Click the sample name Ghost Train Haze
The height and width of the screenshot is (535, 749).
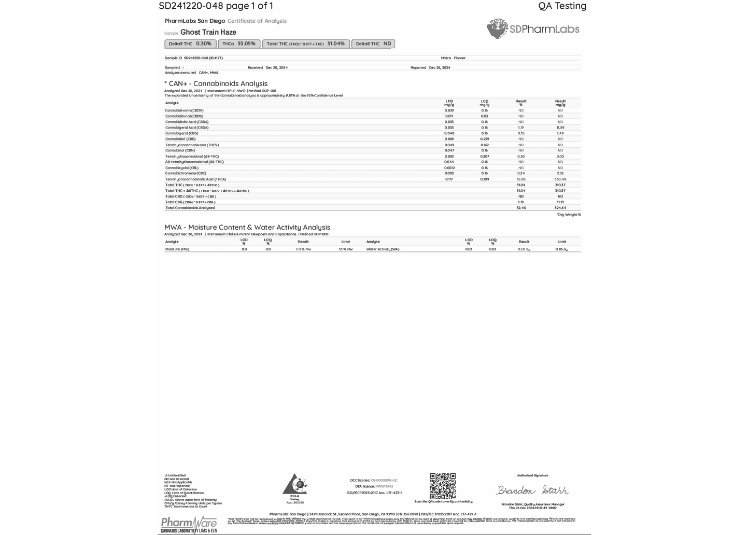pyautogui.click(x=208, y=32)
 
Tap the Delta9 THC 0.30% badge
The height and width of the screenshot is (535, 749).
pyautogui.click(x=190, y=44)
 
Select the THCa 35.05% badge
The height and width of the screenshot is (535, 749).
pyautogui.click(x=239, y=44)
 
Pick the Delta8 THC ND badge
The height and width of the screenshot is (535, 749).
pyautogui.click(x=373, y=44)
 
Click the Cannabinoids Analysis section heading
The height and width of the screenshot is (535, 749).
pyautogui.click(x=218, y=83)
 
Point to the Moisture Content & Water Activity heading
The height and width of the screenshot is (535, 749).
pyautogui.click(x=247, y=227)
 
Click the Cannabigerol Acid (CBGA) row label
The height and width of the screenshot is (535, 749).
pyautogui.click(x=187, y=128)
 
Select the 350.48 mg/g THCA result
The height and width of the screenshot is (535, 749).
pyautogui.click(x=560, y=179)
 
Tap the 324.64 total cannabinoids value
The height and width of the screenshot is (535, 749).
pyautogui.click(x=560, y=208)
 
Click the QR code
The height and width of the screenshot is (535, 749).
pyautogui.click(x=443, y=486)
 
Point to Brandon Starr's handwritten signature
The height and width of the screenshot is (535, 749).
pyautogui.click(x=532, y=490)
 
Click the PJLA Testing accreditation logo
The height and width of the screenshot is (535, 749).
pyautogui.click(x=295, y=486)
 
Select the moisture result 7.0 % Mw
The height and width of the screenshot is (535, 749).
pyautogui.click(x=303, y=249)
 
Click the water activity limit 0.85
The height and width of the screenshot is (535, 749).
pyautogui.click(x=561, y=249)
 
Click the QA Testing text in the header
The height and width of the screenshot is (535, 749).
pyautogui.click(x=562, y=6)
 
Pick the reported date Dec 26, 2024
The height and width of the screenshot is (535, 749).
pyautogui.click(x=440, y=67)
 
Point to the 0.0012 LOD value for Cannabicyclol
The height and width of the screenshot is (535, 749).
pyautogui.click(x=449, y=168)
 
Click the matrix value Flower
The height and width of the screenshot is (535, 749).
pyautogui.click(x=459, y=58)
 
